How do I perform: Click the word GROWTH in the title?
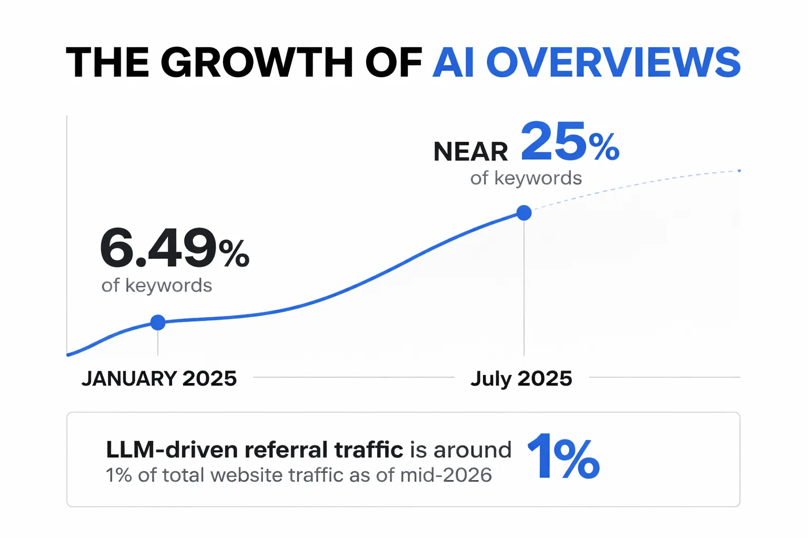coord(257,63)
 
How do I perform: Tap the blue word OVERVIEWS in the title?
coord(613,63)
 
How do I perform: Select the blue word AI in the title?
coord(453,63)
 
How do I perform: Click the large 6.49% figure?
coord(175,247)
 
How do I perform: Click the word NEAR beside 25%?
coord(470,152)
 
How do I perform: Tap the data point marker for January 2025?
coord(158,322)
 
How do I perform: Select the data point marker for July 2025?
coord(524,213)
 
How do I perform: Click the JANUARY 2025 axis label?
coord(159,378)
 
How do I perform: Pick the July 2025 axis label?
coord(521,379)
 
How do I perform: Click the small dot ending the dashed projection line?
coord(739,170)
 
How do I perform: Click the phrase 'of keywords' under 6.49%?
coord(157,285)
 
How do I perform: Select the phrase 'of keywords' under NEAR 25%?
coord(526,178)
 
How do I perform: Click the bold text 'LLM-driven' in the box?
coord(171,450)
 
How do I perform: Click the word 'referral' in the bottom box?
coord(286,450)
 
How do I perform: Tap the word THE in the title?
coord(107,63)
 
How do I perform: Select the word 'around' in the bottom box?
coord(472,450)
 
